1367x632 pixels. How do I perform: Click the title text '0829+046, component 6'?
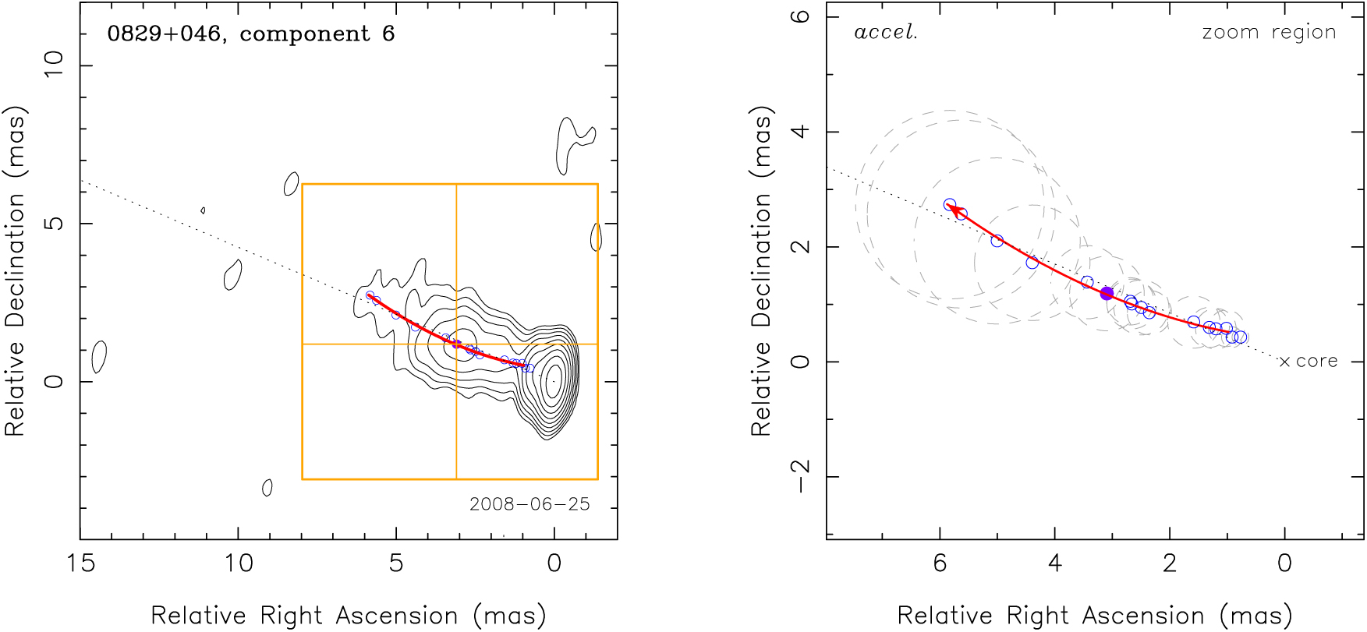tap(250, 34)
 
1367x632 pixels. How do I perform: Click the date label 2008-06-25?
tap(529, 504)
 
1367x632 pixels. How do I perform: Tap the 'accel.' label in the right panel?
tap(886, 33)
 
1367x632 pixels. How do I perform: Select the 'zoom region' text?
tap(1269, 33)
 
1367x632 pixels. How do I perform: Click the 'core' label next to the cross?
tap(1317, 362)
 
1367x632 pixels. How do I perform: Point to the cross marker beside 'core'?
tap(1284, 362)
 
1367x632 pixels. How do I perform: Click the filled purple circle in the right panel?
tap(1107, 294)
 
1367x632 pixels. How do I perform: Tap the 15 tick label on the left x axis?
tap(80, 563)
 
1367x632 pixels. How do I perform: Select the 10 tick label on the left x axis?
tap(239, 563)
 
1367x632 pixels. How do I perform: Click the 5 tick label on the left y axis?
tap(54, 224)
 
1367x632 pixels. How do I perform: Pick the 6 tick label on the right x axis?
tap(940, 563)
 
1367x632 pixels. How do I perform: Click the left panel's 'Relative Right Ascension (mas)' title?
tap(348, 616)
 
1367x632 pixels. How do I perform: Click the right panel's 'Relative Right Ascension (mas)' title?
tap(1095, 616)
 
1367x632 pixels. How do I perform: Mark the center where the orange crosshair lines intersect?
tap(456, 344)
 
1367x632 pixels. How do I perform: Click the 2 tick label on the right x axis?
tap(1170, 563)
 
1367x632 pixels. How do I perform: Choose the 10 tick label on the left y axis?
tap(54, 64)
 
